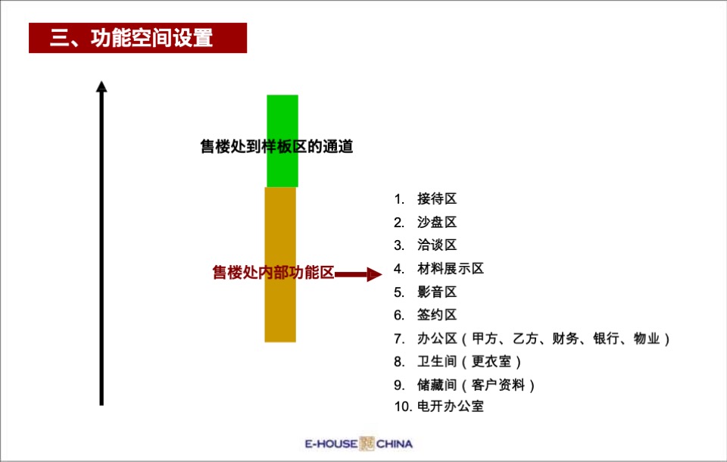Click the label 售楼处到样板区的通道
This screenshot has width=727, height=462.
(276, 147)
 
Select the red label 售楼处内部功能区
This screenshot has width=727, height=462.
(273, 273)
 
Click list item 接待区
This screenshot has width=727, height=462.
(437, 199)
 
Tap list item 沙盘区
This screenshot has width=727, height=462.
(437, 223)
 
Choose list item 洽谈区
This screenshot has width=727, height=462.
(437, 245)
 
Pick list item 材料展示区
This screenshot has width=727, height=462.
(450, 269)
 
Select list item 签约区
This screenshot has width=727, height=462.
(437, 315)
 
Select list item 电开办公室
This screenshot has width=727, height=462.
(450, 407)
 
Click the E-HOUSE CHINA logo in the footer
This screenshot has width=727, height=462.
(358, 444)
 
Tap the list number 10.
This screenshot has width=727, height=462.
(401, 407)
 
